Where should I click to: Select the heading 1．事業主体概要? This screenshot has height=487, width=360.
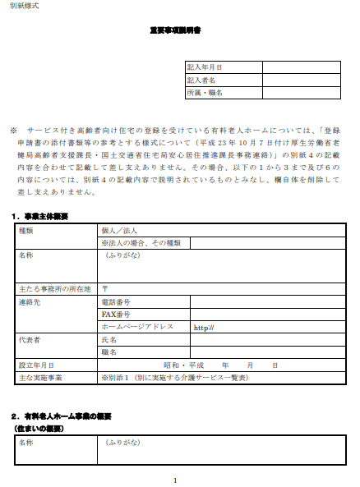(40, 216)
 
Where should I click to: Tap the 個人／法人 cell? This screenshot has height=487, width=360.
(120, 231)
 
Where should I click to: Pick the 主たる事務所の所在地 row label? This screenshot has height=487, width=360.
(51, 289)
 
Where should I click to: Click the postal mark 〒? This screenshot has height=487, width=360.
(105, 289)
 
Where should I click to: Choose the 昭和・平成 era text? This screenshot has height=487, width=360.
(183, 365)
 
